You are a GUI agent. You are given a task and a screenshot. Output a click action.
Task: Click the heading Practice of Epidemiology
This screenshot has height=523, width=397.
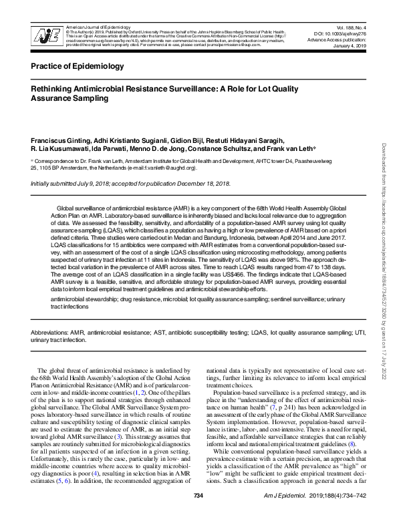click(x=77, y=67)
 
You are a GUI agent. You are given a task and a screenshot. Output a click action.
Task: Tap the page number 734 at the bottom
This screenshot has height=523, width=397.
click(x=198, y=513)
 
